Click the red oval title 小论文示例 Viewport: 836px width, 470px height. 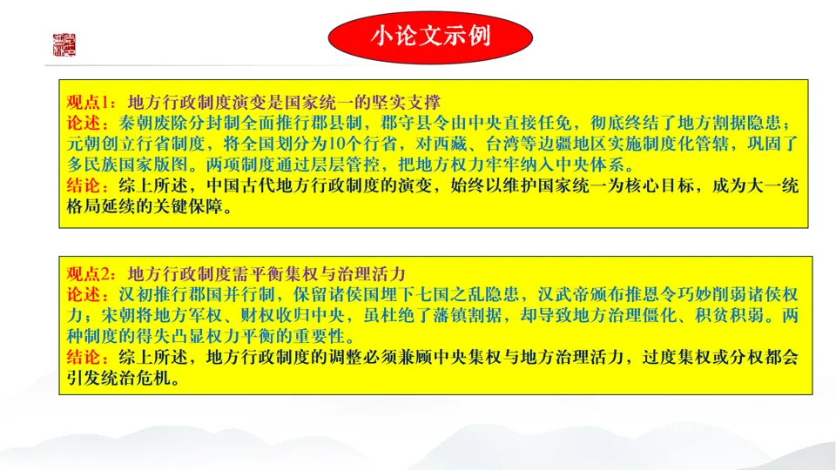pyautogui.click(x=430, y=37)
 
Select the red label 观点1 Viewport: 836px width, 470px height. pyautogui.click(x=88, y=100)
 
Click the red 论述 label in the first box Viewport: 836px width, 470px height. pyautogui.click(x=84, y=121)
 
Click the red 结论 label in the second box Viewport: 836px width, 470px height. pyautogui.click(x=84, y=357)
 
